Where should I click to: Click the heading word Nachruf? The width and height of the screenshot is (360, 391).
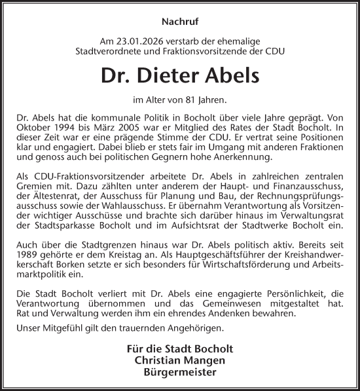coord(179,20)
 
